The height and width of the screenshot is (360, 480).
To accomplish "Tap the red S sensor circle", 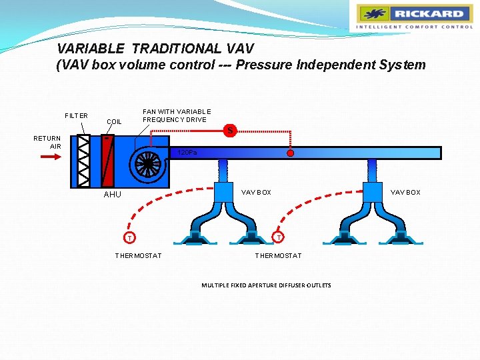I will point(230,131).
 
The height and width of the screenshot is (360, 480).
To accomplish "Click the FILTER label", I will point(76,115).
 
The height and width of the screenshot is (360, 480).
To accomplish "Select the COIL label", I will point(114,122).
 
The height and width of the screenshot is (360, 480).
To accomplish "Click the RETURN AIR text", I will point(48,143).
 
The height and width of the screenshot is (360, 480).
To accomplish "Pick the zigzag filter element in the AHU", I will point(84,161).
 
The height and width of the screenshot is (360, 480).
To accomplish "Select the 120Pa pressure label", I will point(187,153).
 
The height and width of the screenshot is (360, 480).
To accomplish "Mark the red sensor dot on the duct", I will point(290,153).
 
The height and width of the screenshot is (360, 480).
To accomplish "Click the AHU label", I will point(113,195).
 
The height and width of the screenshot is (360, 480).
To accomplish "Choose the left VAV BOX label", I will point(256,193).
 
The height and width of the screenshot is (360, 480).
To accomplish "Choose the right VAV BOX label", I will point(405,193).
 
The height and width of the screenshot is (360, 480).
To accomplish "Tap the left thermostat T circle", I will point(131,238).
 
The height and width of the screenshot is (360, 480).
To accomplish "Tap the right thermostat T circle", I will point(279,238).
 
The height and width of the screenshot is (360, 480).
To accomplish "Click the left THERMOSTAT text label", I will point(138,256).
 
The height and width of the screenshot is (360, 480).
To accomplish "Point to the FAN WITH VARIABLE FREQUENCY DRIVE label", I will point(177,115).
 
